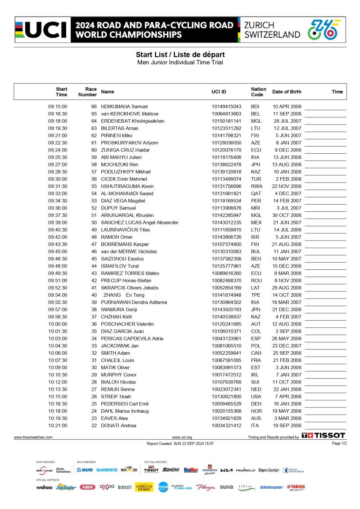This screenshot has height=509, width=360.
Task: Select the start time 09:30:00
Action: [x=58, y=179]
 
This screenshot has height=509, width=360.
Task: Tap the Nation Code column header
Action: [x=258, y=92]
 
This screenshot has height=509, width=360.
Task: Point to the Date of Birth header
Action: [x=287, y=92]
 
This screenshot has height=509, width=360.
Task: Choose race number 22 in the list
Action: [x=94, y=425]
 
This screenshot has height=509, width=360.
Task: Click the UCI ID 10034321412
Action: [x=226, y=425]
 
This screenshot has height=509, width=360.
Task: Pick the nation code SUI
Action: [x=256, y=382]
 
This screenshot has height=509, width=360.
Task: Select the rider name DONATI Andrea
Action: [x=118, y=425]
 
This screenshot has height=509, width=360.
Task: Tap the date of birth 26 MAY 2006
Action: [x=287, y=339]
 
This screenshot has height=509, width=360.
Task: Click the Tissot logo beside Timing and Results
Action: [x=323, y=435]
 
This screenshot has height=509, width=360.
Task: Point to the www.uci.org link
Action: [x=182, y=437]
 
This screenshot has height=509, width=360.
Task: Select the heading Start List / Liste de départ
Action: [x=180, y=54]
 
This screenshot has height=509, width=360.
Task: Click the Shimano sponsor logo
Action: [x=107, y=470]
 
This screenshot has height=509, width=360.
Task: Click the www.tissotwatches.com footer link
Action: [x=33, y=437]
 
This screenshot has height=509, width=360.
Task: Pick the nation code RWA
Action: [x=256, y=186]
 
